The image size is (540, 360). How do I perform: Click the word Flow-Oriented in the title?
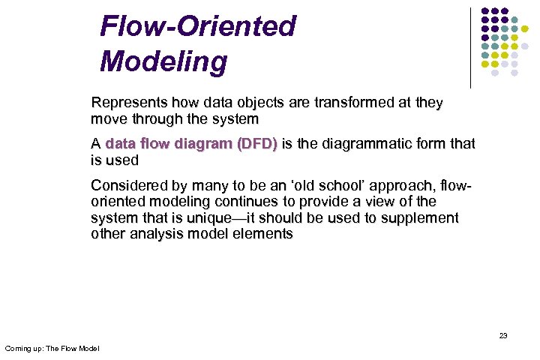[198, 27]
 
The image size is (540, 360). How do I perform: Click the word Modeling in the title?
[163, 61]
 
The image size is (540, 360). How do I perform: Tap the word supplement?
[418, 218]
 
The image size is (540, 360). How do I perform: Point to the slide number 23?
[503, 335]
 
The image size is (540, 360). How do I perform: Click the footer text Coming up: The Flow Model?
[52, 349]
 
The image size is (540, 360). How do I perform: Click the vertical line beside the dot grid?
[471, 47]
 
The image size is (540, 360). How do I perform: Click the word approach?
[397, 185]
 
